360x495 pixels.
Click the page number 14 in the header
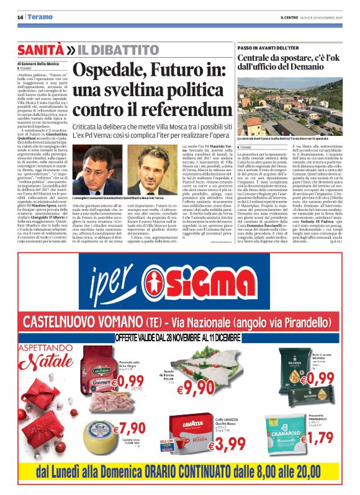(x=20, y=17)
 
